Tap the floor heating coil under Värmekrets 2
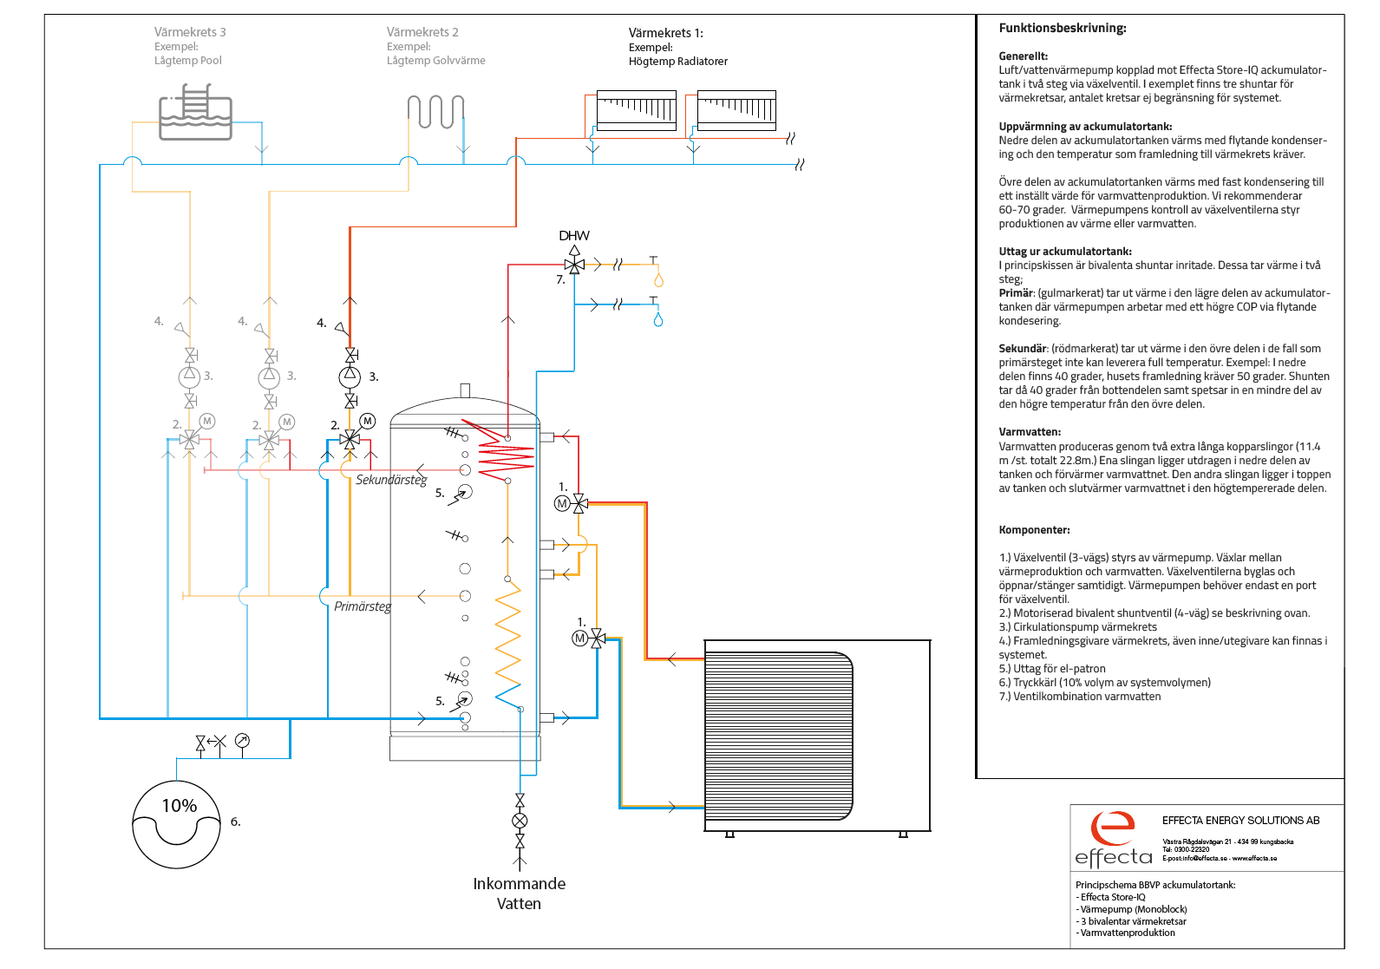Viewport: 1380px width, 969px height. [x=435, y=111]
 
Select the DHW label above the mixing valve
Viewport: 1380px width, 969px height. [x=574, y=235]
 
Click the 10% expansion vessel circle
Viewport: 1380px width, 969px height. [x=176, y=824]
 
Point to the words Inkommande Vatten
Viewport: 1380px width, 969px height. [x=520, y=894]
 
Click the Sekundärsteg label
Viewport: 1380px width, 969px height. [x=391, y=480]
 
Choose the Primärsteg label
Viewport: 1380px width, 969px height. [x=363, y=606]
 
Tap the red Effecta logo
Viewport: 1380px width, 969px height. [x=1113, y=828]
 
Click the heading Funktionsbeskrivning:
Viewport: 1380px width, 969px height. [x=1063, y=28]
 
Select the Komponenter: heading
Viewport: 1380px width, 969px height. [x=1035, y=530]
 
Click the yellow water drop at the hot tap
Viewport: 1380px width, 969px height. [x=658, y=280]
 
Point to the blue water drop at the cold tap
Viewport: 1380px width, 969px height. [x=658, y=319]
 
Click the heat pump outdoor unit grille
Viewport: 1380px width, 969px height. [x=779, y=736]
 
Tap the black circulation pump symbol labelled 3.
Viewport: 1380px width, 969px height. [x=350, y=376]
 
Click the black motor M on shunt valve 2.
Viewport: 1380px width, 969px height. [x=368, y=422]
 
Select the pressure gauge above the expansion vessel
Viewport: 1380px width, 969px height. [x=243, y=741]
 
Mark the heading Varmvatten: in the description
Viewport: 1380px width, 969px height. [x=1030, y=432]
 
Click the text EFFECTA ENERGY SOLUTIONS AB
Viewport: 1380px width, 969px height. [x=1240, y=821]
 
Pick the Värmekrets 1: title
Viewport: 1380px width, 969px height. [x=666, y=33]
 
